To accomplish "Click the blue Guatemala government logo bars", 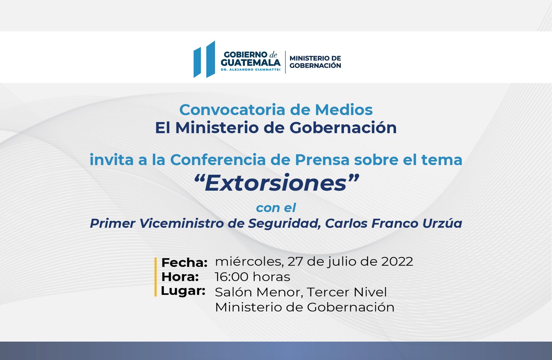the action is tap(204, 59).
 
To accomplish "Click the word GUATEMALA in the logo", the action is tap(250, 62).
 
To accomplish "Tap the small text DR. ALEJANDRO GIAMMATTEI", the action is tap(250, 70).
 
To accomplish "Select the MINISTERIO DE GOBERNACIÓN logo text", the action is tap(315, 62).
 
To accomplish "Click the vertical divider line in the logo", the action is tap(285, 62).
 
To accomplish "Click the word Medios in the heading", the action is tap(344, 110).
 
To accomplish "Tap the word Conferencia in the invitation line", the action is tap(218, 160).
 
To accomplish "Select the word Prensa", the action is tap(322, 160).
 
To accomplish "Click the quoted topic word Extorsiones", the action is tap(276, 183).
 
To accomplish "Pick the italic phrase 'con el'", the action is tap(276, 208).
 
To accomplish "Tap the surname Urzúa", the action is tap(442, 223).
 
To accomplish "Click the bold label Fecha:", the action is tap(184, 263).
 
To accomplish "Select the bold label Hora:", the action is tap(180, 277).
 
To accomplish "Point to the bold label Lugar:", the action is tap(183, 291).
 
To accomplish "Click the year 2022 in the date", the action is tap(397, 261).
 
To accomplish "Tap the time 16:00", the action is tap(231, 277).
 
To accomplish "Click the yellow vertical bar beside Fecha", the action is tap(156, 277).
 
